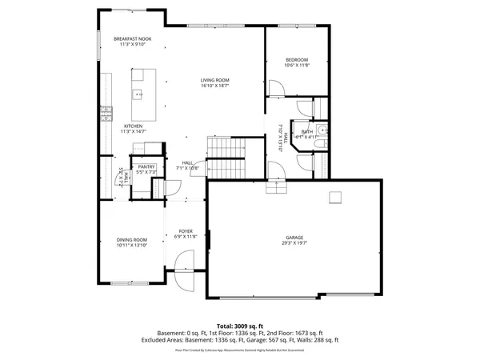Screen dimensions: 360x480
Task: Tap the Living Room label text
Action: tap(215, 80)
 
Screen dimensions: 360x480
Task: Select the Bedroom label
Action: tap(297, 61)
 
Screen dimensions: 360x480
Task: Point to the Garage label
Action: tap(295, 238)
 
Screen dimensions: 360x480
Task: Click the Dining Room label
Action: tap(132, 240)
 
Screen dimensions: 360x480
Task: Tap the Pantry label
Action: tap(146, 166)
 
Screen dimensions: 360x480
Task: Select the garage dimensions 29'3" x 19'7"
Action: tap(295, 243)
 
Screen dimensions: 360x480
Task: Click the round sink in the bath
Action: tap(321, 132)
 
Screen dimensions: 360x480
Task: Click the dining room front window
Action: tap(128, 283)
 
